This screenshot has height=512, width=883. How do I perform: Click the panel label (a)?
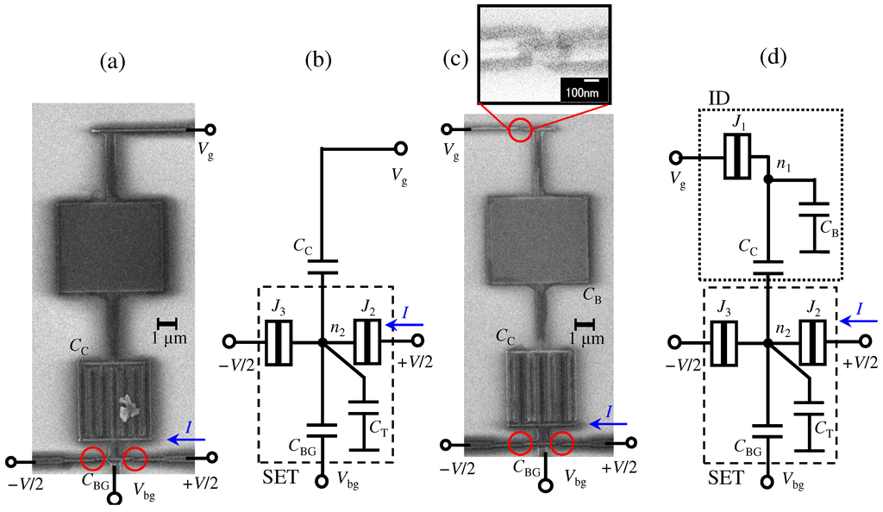point(114,62)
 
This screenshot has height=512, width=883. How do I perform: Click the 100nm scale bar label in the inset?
point(584,90)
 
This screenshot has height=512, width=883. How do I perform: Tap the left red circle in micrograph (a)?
point(94,459)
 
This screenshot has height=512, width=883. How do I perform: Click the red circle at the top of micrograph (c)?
point(519,130)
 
